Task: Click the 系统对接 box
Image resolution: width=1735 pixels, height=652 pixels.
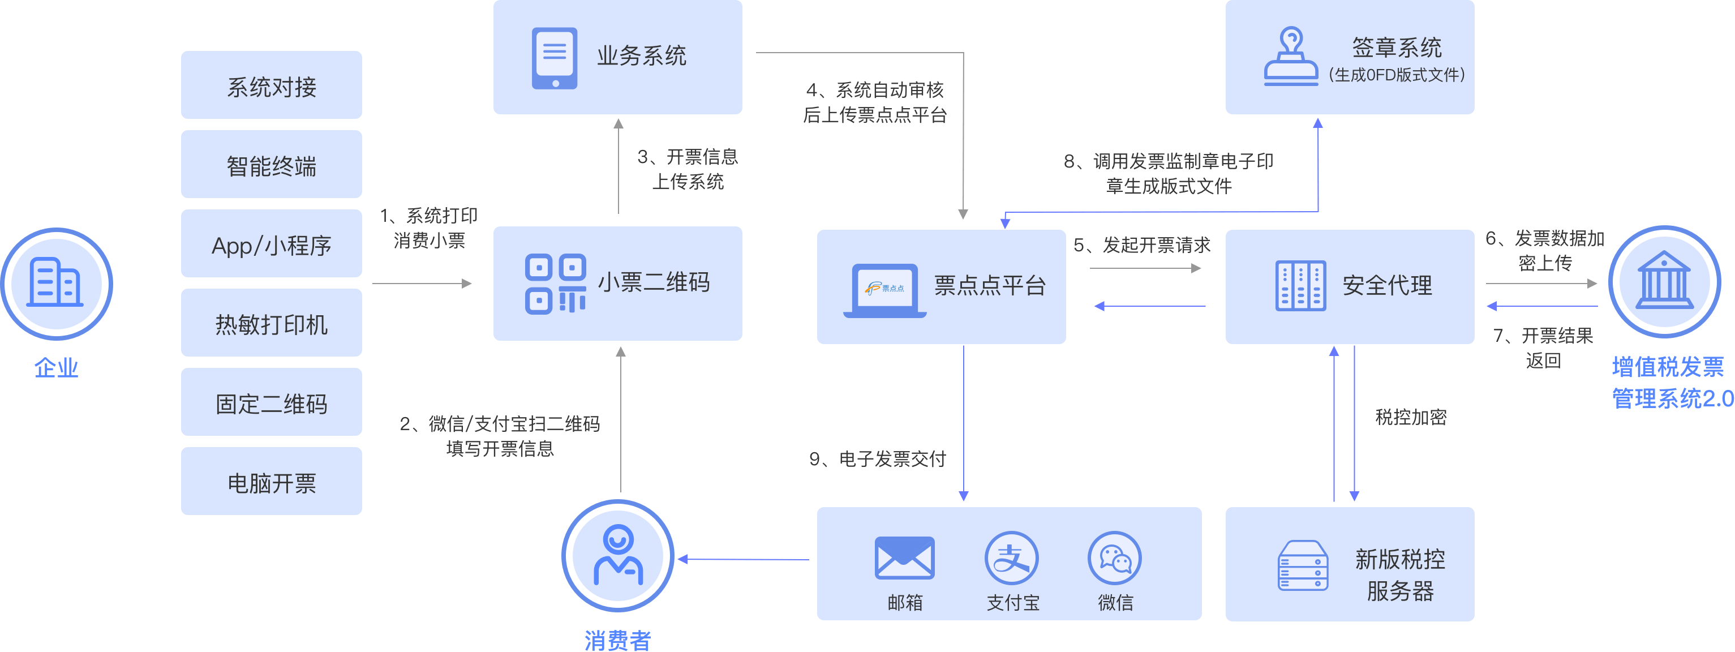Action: click(x=272, y=85)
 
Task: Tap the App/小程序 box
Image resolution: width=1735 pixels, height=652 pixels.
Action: click(x=272, y=244)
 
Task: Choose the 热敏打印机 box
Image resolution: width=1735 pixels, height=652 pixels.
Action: click(x=272, y=323)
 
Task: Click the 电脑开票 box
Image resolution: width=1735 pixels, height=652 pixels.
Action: click(x=272, y=482)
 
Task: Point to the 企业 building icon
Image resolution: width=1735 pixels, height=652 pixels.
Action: click(x=56, y=283)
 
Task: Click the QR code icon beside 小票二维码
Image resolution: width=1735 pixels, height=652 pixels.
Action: click(x=556, y=284)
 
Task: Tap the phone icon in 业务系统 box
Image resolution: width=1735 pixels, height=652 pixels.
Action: click(x=555, y=58)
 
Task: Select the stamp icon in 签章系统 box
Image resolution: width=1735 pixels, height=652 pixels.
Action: click(x=1290, y=57)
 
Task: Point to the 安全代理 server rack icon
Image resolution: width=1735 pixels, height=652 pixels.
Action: click(x=1300, y=286)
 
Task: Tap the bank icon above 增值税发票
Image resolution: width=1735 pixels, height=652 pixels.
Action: click(x=1664, y=281)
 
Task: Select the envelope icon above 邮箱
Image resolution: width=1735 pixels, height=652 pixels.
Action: click(x=904, y=557)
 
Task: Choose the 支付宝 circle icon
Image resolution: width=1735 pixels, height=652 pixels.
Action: click(x=1012, y=557)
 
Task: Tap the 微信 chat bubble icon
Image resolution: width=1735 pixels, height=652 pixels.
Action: click(x=1115, y=557)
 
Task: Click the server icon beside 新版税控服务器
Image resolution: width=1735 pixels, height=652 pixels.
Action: click(x=1303, y=566)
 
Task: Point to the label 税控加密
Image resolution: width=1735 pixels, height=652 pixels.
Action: click(x=1410, y=417)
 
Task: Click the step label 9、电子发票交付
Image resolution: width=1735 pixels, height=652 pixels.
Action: click(x=878, y=460)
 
